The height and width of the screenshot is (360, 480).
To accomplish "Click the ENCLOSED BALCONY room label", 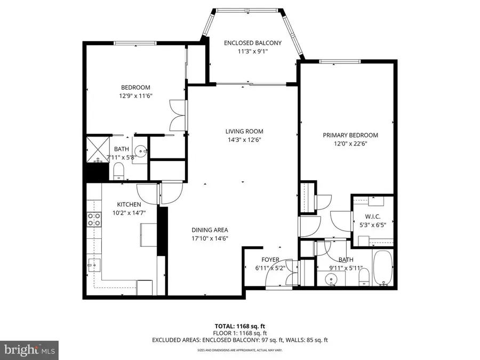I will (252, 43).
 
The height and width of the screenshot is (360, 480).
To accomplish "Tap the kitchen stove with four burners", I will (94, 219).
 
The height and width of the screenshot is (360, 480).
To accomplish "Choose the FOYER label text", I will (270, 259).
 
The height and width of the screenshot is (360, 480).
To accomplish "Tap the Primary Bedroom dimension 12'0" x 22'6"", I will (350, 143).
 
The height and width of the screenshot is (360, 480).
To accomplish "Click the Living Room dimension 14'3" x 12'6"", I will (244, 140).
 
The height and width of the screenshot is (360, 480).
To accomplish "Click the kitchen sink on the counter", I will (94, 264).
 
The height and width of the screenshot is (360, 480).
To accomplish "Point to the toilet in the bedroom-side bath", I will (119, 171).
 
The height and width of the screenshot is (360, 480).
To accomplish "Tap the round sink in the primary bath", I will (330, 277).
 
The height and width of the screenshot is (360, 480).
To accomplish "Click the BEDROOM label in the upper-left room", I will (135, 87).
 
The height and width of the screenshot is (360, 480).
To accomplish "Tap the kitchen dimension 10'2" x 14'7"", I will (129, 212).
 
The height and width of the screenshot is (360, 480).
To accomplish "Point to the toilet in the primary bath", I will (364, 276).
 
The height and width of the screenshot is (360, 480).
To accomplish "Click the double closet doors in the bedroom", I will (177, 115).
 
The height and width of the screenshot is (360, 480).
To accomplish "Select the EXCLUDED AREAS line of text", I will (239, 340).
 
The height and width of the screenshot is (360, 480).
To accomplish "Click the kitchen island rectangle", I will (148, 234).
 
